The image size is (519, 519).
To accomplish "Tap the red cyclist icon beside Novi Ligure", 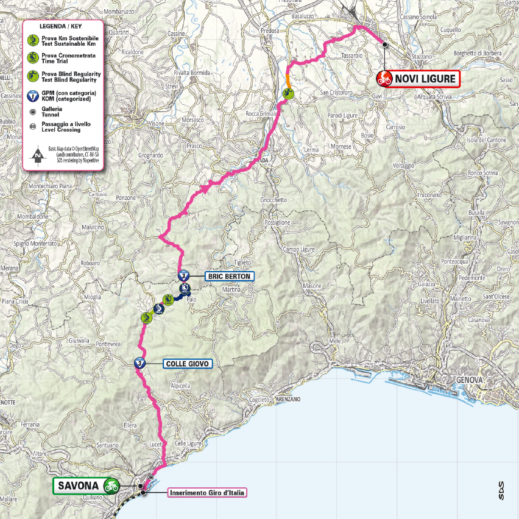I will [384, 78].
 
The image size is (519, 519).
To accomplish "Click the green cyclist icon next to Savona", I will [110, 485].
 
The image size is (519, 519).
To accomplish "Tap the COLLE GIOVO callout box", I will [187, 364].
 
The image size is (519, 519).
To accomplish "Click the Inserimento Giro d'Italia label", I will [207, 493].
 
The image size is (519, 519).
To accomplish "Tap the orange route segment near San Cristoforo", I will [288, 80].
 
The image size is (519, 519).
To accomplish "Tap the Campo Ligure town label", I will [301, 249].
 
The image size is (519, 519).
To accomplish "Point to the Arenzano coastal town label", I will [288, 399].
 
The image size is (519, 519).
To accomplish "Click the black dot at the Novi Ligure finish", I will [384, 44].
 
